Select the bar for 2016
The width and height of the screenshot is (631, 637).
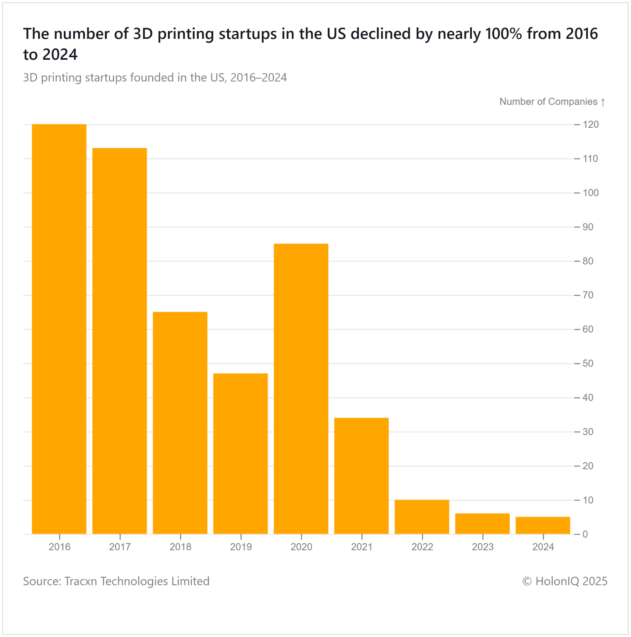pyautogui.click(x=59, y=329)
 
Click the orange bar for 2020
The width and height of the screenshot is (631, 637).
pyautogui.click(x=301, y=389)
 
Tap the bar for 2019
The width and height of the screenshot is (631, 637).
pyautogui.click(x=240, y=453)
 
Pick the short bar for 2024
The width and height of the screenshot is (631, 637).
pyautogui.click(x=543, y=526)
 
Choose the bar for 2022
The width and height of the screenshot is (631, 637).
pyautogui.click(x=422, y=517)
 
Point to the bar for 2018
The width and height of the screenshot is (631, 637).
pyautogui.click(x=180, y=423)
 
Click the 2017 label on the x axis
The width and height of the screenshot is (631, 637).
pyautogui.click(x=120, y=547)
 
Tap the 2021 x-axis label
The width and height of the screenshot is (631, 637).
pyautogui.click(x=361, y=547)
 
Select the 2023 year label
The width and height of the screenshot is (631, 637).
pyautogui.click(x=483, y=547)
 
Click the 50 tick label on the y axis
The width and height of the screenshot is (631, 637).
pyautogui.click(x=588, y=363)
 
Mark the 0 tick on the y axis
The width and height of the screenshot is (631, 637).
pyautogui.click(x=585, y=534)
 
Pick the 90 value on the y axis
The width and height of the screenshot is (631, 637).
pyautogui.click(x=588, y=227)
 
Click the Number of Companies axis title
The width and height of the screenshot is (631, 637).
pyautogui.click(x=548, y=102)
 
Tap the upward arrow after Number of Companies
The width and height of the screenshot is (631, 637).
pyautogui.click(x=603, y=102)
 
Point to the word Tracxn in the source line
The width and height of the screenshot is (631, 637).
pyautogui.click(x=81, y=581)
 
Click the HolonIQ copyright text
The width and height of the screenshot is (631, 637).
pyautogui.click(x=565, y=581)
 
